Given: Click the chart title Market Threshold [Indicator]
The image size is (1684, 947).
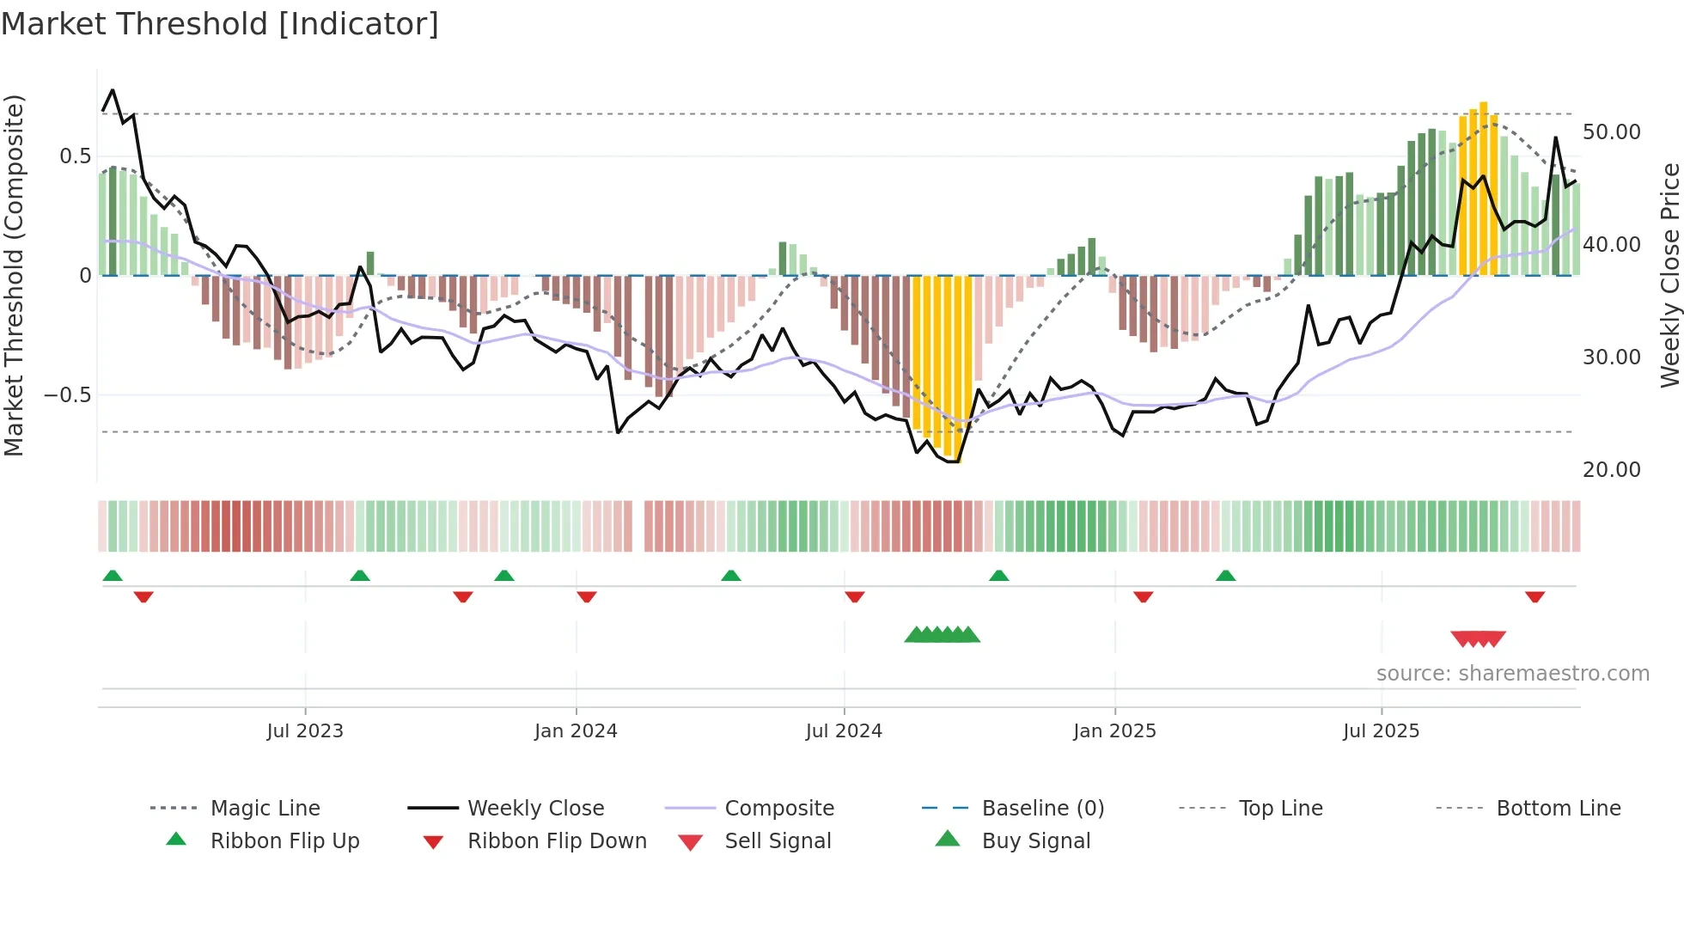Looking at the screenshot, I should pyautogui.click(x=220, y=24).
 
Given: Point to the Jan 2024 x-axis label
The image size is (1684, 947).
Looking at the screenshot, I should pyautogui.click(x=576, y=731).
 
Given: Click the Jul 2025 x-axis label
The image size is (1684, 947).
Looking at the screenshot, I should pyautogui.click(x=1381, y=731).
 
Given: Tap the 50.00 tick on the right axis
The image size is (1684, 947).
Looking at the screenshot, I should pyautogui.click(x=1611, y=132).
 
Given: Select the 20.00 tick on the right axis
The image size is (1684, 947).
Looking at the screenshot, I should pyautogui.click(x=1611, y=470).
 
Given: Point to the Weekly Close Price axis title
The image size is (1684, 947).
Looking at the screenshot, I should pyautogui.click(x=1669, y=275).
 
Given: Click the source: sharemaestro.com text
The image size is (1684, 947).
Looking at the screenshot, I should pyautogui.click(x=1512, y=674).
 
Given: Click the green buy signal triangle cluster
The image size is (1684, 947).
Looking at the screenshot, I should pyautogui.click(x=942, y=635).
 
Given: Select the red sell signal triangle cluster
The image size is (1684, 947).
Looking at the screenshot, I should pyautogui.click(x=1478, y=638).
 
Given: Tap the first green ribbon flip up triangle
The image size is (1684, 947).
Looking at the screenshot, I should pyautogui.click(x=113, y=576).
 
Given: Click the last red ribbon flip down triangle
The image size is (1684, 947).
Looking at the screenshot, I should pyautogui.click(x=1535, y=596).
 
